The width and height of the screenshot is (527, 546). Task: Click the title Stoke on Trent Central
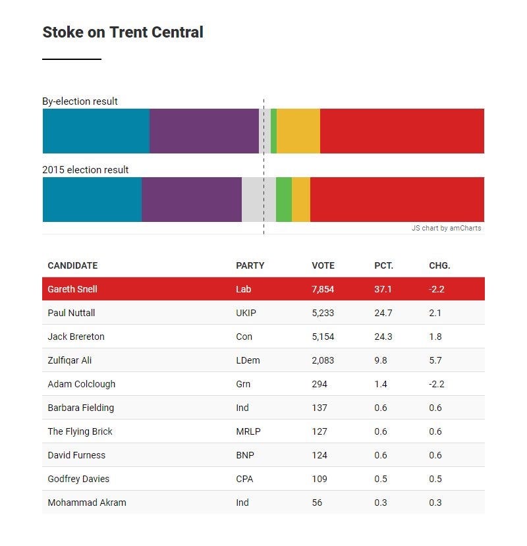[x=123, y=32]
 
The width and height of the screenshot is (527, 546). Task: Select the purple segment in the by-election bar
[x=204, y=131]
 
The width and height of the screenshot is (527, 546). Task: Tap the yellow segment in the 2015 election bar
[x=300, y=200]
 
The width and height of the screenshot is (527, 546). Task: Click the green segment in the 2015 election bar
[x=283, y=200]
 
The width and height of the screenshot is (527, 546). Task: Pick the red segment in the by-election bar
[x=402, y=131]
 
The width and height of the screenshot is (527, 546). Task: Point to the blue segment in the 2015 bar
[x=92, y=200]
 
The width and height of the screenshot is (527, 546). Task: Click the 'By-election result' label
[x=80, y=101]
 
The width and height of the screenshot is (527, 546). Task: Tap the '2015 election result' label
[x=86, y=170]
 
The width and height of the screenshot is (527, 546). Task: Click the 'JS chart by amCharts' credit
[x=446, y=229]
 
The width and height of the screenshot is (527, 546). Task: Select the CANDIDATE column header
[x=72, y=265]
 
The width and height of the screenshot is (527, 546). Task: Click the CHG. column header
[x=439, y=265]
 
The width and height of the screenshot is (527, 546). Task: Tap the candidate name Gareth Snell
[x=72, y=289]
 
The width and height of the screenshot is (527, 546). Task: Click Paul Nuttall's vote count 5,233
[x=323, y=313]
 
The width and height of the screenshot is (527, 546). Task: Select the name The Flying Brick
[x=80, y=431]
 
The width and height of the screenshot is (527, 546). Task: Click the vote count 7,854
[x=323, y=289]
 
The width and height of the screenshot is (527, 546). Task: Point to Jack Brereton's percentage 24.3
[x=383, y=337]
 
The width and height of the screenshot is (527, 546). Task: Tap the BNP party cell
[x=245, y=455]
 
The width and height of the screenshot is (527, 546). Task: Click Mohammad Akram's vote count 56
[x=317, y=503]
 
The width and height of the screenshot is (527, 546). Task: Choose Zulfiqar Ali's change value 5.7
[x=435, y=360]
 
